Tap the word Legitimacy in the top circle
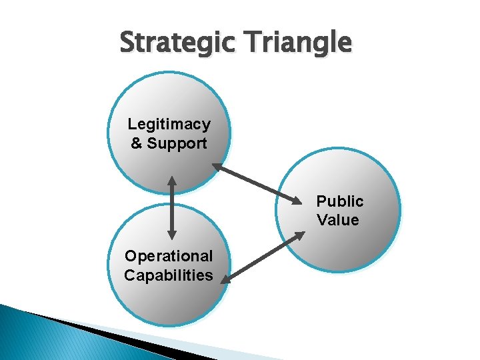tap(169, 124)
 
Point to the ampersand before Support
tap(137, 143)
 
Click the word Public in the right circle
tap(340, 201)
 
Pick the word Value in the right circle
tap(338, 220)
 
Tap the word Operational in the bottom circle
tap(169, 256)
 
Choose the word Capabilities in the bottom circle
tap(169, 275)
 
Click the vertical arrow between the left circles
tap(172, 207)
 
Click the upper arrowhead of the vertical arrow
tap(172, 182)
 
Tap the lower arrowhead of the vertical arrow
tap(172, 233)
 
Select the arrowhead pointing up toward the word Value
tap(299, 235)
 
